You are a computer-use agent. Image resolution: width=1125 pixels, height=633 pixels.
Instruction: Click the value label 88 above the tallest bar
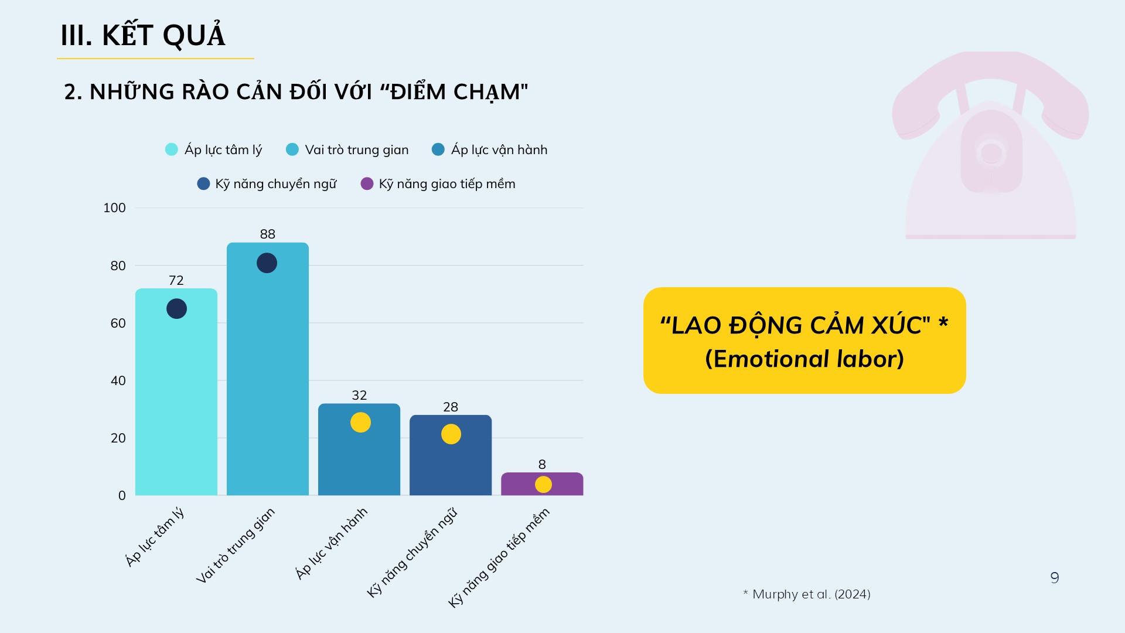click(267, 234)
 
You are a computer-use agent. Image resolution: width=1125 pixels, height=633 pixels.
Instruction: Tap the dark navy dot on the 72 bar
click(176, 309)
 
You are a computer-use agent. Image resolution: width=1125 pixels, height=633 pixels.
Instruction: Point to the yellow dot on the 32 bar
click(360, 423)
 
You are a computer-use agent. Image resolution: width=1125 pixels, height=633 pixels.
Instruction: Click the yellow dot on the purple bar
click(543, 485)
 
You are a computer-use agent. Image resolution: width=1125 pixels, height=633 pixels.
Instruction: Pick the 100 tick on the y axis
click(114, 208)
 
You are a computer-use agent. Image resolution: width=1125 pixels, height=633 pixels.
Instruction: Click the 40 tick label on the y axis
click(118, 381)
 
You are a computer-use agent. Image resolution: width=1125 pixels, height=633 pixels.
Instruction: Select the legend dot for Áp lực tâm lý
click(171, 149)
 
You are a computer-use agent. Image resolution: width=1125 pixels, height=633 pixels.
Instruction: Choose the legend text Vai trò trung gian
click(356, 150)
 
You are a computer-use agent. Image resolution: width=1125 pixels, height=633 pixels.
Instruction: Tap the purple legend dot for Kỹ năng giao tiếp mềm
click(367, 184)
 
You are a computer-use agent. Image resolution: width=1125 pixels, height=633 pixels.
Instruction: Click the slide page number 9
click(1055, 578)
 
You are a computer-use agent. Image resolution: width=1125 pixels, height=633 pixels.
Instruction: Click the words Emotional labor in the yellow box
click(804, 359)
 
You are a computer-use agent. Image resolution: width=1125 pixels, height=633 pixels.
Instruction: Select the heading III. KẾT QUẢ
click(143, 36)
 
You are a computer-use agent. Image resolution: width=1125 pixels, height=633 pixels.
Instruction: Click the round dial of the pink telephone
click(991, 154)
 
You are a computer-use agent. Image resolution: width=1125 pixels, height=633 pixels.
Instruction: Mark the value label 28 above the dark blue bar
click(450, 407)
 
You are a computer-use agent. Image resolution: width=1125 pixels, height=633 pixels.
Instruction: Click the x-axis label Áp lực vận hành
click(332, 543)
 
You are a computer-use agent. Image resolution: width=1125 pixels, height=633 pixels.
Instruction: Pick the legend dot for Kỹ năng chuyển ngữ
click(203, 184)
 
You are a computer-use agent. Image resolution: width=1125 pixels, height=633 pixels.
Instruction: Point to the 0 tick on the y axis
click(122, 496)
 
